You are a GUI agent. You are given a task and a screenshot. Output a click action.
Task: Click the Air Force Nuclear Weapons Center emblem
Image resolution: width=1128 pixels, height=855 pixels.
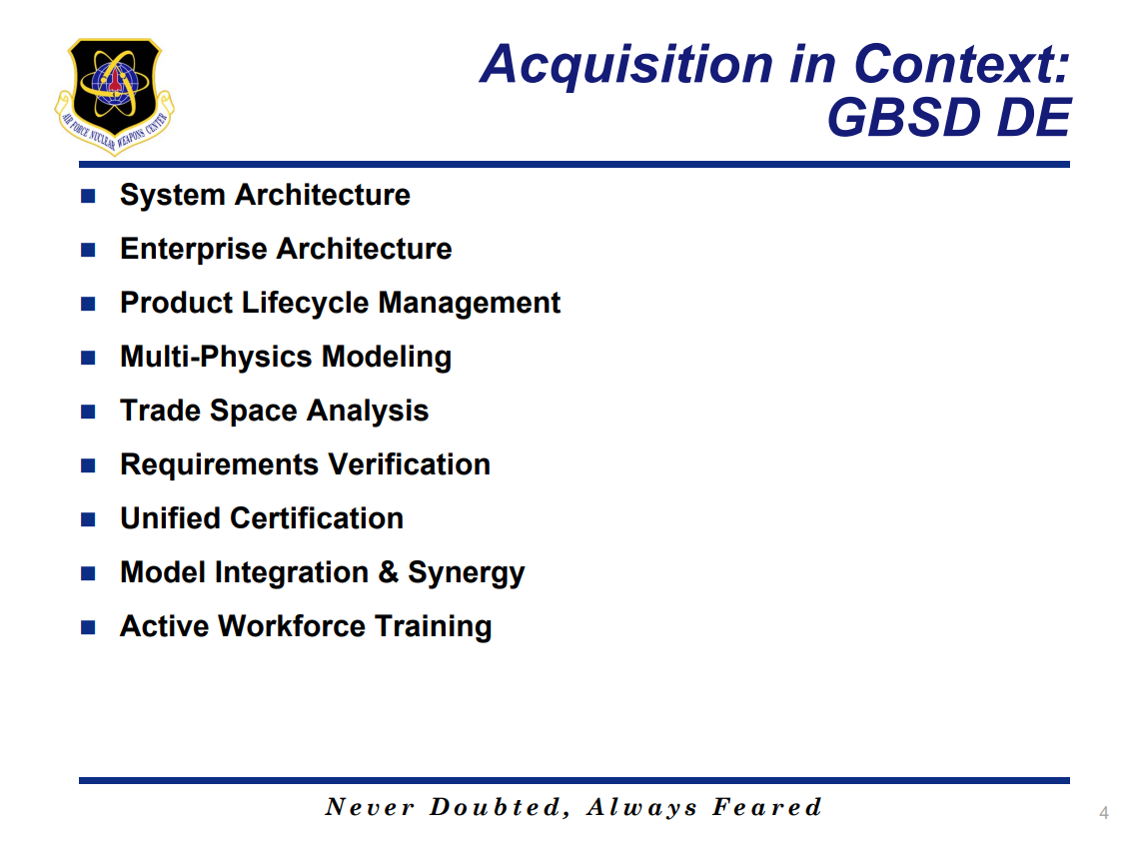114,96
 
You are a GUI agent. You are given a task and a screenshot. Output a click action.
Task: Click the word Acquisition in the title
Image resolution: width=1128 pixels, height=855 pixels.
626,65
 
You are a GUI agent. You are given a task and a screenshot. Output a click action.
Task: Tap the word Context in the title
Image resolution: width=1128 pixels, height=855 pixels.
962,64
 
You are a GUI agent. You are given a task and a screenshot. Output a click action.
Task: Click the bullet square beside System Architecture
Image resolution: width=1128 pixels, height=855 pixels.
89,196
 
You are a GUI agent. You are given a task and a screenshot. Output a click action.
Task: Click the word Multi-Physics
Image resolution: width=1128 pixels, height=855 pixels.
216,358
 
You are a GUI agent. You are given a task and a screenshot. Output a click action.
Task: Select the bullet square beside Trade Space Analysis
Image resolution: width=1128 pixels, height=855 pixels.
89,412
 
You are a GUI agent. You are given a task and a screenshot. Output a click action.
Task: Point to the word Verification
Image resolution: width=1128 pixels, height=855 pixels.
410,464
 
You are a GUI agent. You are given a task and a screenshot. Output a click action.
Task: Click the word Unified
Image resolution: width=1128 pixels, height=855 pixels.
170,518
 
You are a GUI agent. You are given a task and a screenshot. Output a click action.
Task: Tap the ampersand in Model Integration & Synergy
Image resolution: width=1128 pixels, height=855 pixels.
389,572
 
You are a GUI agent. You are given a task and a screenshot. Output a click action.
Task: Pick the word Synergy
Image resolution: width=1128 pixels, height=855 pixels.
467,574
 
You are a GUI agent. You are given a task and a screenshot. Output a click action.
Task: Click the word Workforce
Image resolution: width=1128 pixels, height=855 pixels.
292,626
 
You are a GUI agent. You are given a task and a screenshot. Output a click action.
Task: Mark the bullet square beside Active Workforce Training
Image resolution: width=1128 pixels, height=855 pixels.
89,627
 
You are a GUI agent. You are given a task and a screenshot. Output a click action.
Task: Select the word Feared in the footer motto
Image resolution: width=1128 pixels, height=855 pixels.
767,807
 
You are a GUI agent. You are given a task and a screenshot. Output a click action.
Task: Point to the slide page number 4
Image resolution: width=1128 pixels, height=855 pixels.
1104,813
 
